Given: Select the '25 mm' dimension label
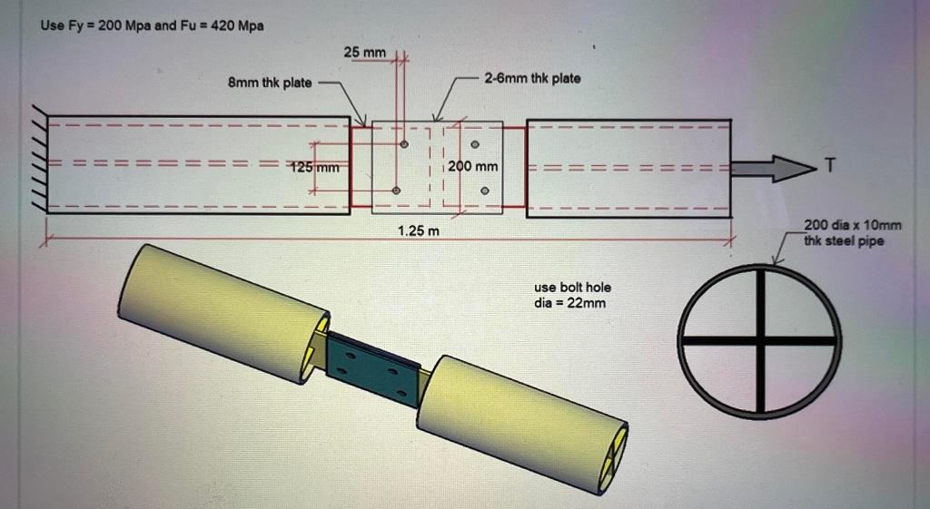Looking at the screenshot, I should pyautogui.click(x=364, y=54).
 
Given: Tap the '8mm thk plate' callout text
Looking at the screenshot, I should pyautogui.click(x=268, y=83).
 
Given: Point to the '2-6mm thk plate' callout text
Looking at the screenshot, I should pyautogui.click(x=532, y=79).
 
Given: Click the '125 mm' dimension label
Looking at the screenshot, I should pyautogui.click(x=314, y=167).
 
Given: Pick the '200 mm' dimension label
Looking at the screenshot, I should pyautogui.click(x=473, y=167).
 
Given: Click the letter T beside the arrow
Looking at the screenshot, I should pyautogui.click(x=827, y=163).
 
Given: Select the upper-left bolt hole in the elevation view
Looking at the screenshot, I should pyautogui.click(x=404, y=144).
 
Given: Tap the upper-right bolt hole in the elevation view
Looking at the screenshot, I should pyautogui.click(x=475, y=144).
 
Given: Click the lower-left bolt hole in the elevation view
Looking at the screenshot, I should pyautogui.click(x=396, y=190).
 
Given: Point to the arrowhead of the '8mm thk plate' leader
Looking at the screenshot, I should pyautogui.click(x=366, y=124).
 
